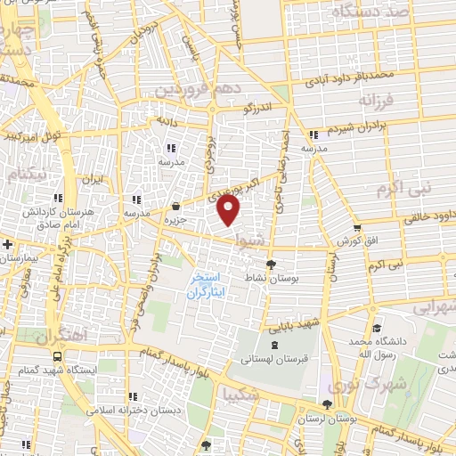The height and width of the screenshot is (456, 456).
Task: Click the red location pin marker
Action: click(229, 212)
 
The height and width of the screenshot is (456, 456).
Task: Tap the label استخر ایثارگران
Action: click(204, 285)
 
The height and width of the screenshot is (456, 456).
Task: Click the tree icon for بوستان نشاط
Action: click(272, 264)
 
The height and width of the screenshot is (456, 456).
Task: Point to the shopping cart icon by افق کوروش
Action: click(356, 230)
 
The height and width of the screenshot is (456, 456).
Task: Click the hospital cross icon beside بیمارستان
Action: click(7, 243)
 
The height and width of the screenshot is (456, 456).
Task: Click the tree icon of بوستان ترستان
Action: click(329, 403)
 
